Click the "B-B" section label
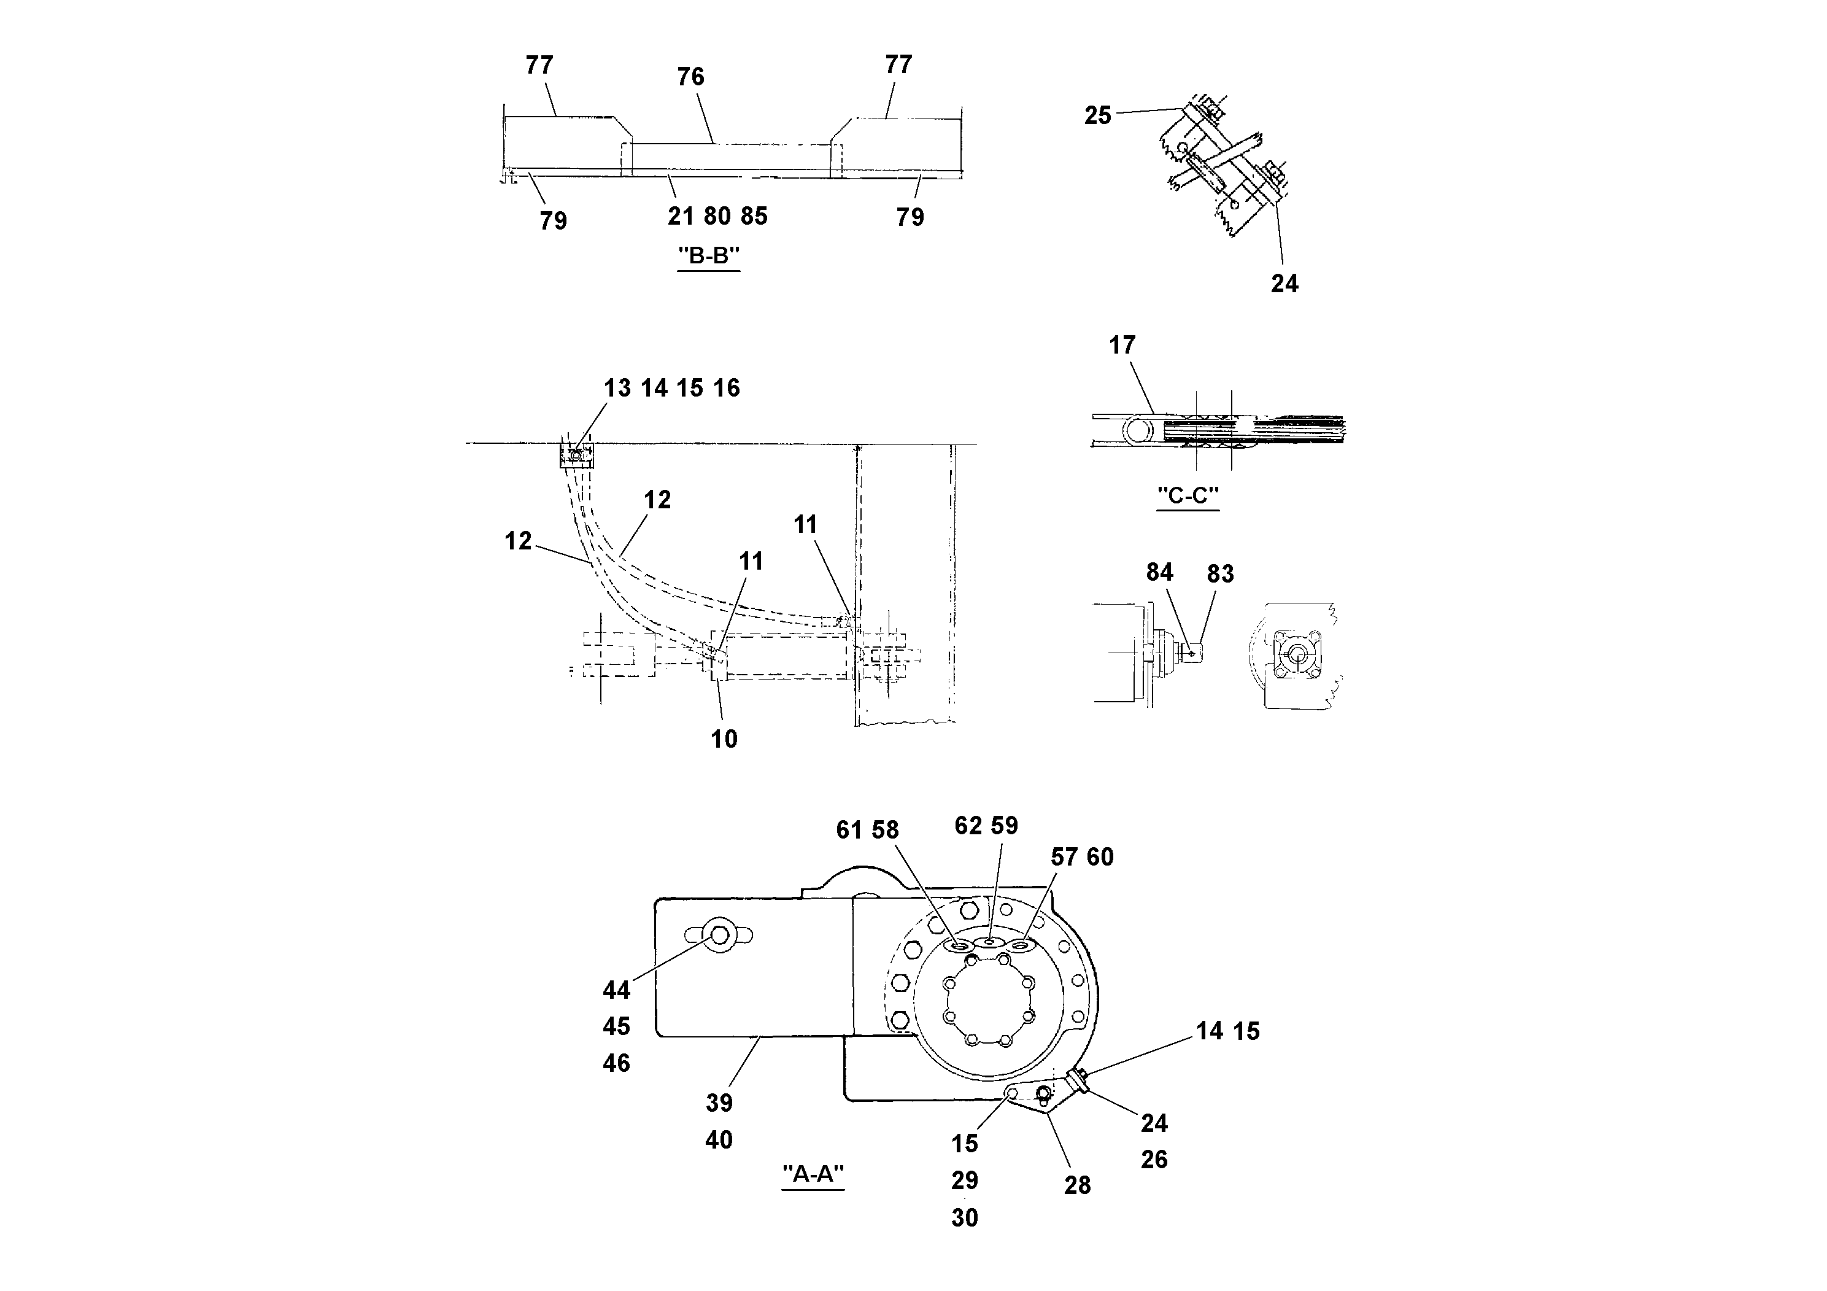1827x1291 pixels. (x=708, y=256)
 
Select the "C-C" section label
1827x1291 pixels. (x=1188, y=496)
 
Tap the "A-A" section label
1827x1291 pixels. (x=813, y=1174)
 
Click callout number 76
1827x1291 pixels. (x=690, y=77)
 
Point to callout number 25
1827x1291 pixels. (x=1097, y=116)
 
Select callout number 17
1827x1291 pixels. (x=1122, y=346)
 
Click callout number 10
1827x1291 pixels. (x=724, y=739)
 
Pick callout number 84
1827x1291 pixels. (x=1159, y=572)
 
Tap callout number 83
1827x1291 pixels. (x=1220, y=574)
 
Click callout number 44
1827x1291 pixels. (x=616, y=991)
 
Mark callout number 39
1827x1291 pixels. (x=719, y=1103)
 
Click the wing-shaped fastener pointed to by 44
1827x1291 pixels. (x=720, y=936)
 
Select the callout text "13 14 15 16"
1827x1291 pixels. (x=671, y=389)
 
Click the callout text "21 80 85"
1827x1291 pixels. (x=717, y=217)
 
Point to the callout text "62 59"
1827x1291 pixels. (x=986, y=826)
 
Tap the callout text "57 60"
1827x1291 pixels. (x=1081, y=857)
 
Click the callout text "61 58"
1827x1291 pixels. (x=867, y=830)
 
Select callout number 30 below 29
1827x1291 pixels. (x=964, y=1218)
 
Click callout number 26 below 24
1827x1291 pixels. (x=1154, y=1160)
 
